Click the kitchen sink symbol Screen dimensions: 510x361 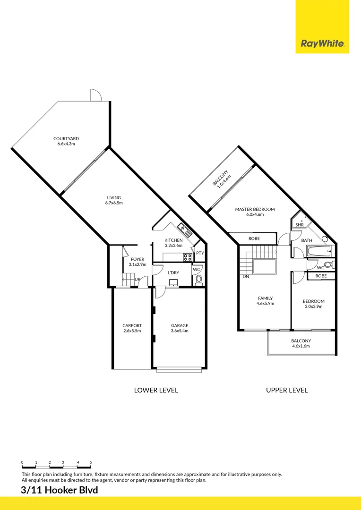tap(184, 230)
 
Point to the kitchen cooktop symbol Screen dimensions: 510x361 tap(188, 257)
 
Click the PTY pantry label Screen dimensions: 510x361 tap(200, 253)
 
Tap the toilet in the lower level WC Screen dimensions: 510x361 tap(199, 280)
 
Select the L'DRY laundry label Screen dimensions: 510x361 tap(173, 272)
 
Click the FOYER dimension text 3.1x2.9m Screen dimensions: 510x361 tap(138, 264)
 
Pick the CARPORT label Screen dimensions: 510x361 tap(132, 325)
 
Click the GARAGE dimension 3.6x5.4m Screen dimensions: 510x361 tap(180, 331)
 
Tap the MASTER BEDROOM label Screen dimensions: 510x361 tap(255, 209)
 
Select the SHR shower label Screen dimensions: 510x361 tap(299, 225)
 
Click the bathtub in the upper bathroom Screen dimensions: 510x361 tap(318, 251)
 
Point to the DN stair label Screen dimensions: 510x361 tap(246, 276)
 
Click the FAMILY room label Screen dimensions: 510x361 tap(265, 298)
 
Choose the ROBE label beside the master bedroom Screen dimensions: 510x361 tap(254, 238)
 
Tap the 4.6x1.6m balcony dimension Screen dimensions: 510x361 tap(301, 346)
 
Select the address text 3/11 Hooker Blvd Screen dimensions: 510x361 tap(60, 490)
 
